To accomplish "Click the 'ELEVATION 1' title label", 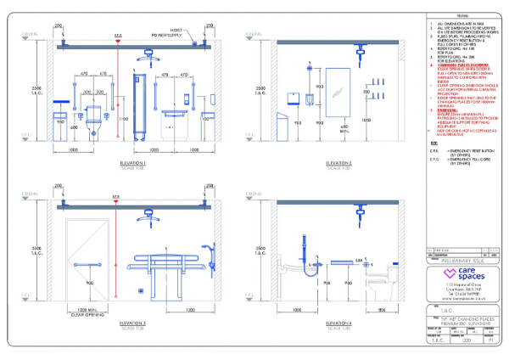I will click(133, 161).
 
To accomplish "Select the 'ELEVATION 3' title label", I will click(133, 323).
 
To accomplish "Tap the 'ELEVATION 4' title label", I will click(315, 323).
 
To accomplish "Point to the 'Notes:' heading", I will click(463, 15).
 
